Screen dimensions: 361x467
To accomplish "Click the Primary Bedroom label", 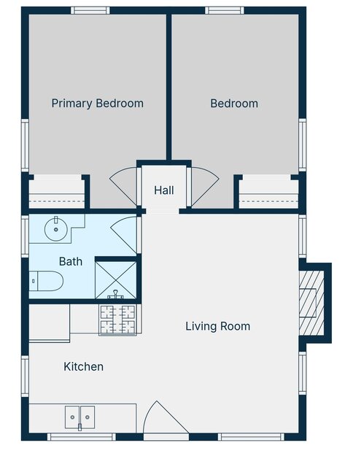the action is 97,104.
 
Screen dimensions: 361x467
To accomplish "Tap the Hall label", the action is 164,190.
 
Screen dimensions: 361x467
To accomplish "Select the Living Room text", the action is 218,326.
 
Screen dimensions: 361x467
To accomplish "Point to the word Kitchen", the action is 84,366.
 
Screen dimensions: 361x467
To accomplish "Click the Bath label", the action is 71,261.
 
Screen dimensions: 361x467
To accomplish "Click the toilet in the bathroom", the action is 46,281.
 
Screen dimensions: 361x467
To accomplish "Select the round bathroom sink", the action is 55,229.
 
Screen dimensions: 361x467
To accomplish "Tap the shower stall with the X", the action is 116,279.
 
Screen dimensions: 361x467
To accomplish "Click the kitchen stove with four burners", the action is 117,320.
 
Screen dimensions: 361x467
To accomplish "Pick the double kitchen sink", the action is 79,417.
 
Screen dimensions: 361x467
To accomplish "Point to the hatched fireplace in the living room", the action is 311,303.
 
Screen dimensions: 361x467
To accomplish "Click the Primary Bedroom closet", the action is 57,192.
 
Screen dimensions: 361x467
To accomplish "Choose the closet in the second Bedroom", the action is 268,192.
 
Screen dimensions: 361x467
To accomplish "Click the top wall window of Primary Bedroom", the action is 90,10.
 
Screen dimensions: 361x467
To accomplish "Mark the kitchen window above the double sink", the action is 81,437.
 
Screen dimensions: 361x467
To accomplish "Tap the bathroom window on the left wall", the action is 25,236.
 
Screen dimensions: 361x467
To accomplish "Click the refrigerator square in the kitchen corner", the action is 50,323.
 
